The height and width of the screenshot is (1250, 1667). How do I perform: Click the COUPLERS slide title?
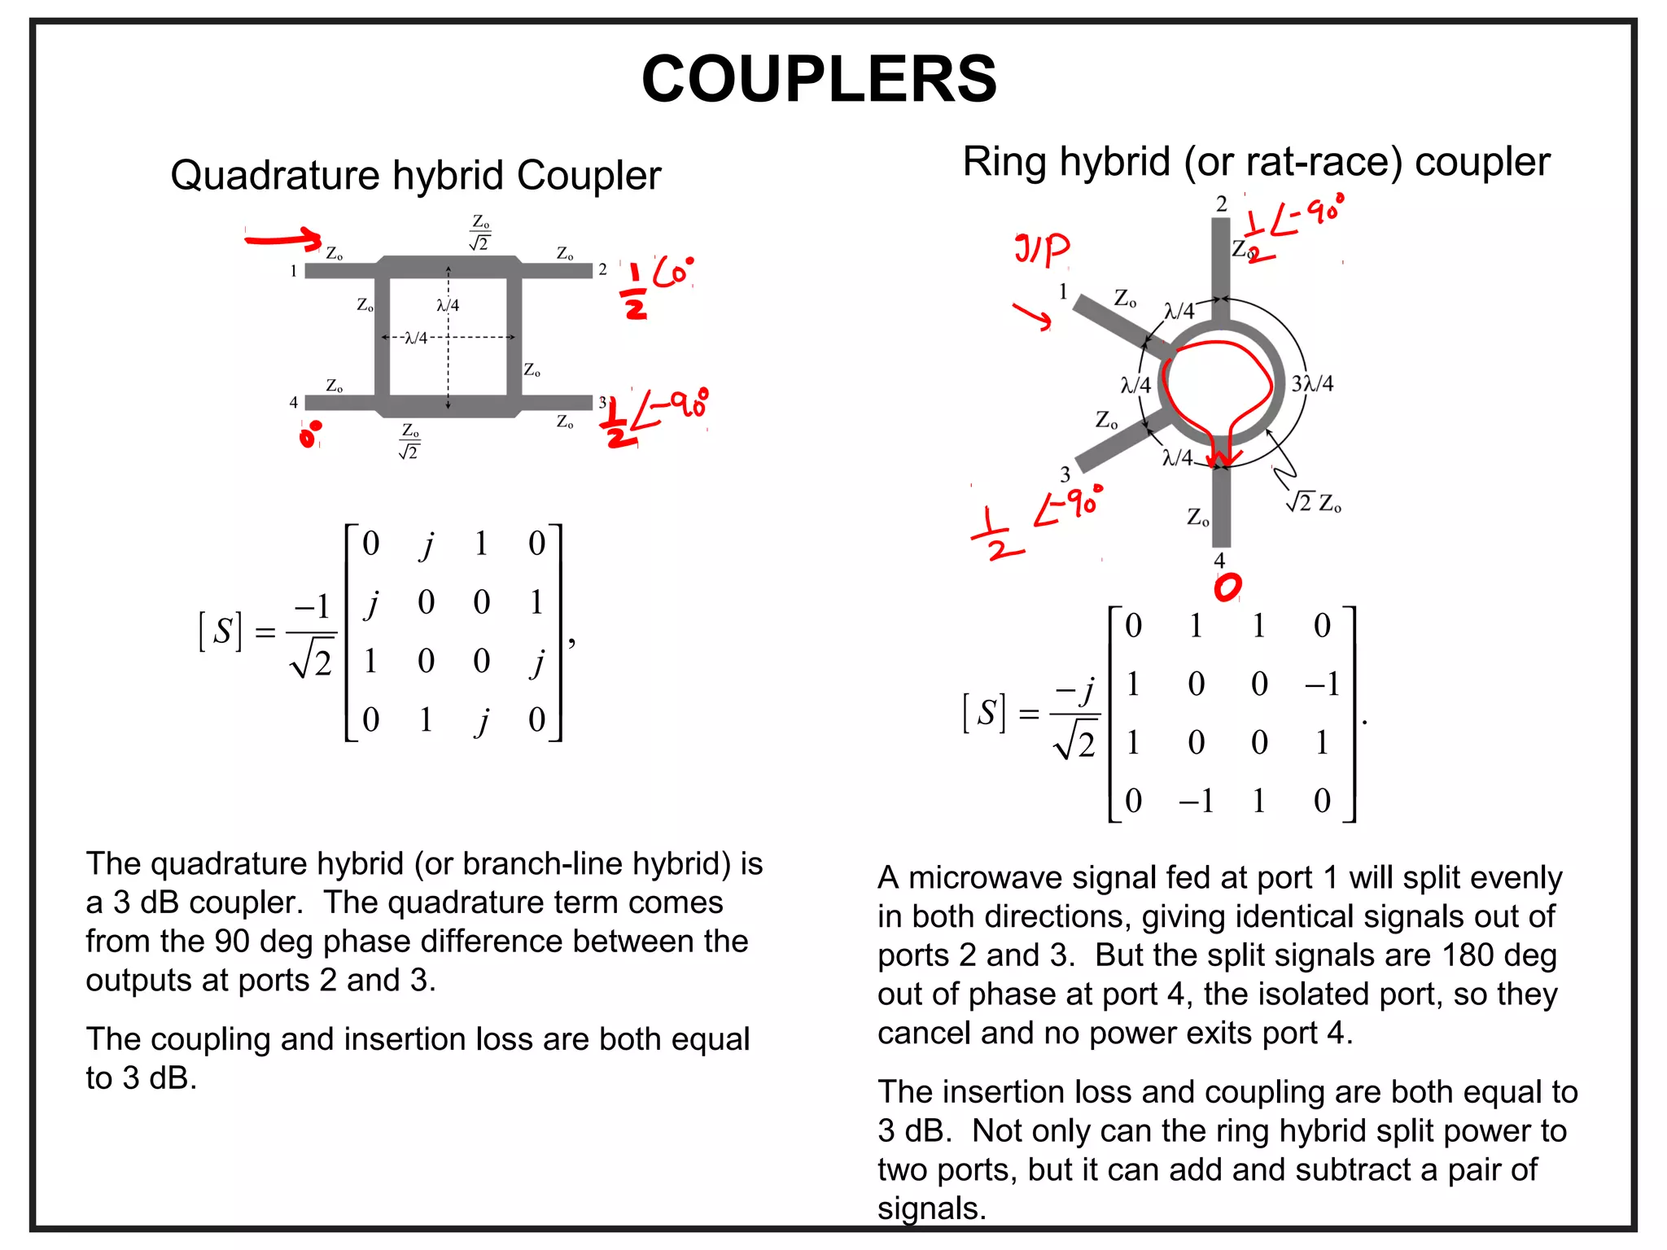click(819, 79)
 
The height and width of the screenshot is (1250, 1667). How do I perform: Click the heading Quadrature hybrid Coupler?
click(415, 175)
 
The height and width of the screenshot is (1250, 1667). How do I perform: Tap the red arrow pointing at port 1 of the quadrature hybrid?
click(283, 238)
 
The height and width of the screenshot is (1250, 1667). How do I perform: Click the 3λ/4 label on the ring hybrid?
click(1312, 383)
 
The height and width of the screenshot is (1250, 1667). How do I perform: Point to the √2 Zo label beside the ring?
click(1314, 503)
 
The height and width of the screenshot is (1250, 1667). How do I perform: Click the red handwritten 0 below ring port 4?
click(1227, 587)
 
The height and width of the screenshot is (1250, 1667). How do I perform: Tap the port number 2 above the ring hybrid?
click(1221, 204)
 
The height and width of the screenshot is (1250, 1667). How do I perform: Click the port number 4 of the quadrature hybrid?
click(294, 402)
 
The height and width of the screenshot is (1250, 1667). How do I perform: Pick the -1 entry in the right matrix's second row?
click(1321, 684)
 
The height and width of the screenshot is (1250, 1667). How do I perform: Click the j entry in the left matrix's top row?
click(427, 544)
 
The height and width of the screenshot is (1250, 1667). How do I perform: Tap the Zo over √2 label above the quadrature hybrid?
click(480, 233)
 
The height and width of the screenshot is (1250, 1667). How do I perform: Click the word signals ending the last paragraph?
click(931, 1208)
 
